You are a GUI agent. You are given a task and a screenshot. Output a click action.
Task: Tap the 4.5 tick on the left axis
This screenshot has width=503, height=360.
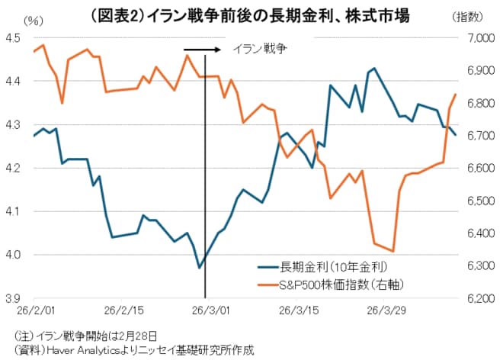[14, 37]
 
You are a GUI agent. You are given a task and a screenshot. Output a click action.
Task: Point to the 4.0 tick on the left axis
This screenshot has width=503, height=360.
[14, 255]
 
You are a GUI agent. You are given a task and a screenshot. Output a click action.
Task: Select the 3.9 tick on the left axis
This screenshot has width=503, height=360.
[14, 298]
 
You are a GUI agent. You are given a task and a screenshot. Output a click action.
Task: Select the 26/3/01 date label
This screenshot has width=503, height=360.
[206, 311]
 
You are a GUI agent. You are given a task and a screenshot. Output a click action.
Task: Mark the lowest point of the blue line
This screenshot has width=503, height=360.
[199, 268]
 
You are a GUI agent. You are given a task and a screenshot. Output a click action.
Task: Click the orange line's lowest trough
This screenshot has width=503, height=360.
[393, 251]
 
